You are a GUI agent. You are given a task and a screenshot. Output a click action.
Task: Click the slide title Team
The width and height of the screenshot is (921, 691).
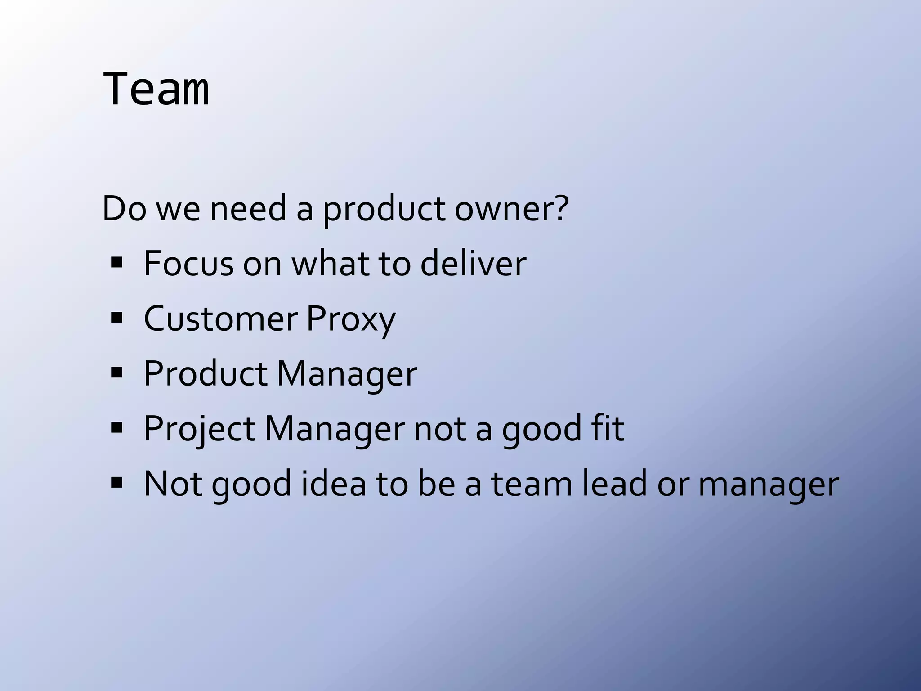pos(156,89)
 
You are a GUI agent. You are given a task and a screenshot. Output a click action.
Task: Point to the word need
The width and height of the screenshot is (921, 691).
pos(248,209)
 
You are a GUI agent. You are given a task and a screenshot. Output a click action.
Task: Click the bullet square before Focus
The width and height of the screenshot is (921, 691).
pos(116,263)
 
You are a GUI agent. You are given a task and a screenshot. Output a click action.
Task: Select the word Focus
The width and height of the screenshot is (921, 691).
pos(188,264)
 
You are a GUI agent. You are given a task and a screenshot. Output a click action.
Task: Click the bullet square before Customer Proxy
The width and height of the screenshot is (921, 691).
pos(116,318)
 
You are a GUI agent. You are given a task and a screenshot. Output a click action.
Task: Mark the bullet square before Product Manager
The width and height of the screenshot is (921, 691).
pos(116,373)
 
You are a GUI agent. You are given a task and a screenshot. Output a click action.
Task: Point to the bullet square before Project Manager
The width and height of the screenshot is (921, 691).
pos(116,428)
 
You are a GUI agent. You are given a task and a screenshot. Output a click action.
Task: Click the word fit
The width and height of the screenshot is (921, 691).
pos(608,429)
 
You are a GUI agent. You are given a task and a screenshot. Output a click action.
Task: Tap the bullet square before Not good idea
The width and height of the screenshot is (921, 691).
pos(116,483)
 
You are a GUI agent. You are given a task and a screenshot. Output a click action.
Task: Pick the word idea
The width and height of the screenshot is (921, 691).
pos(333,484)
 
